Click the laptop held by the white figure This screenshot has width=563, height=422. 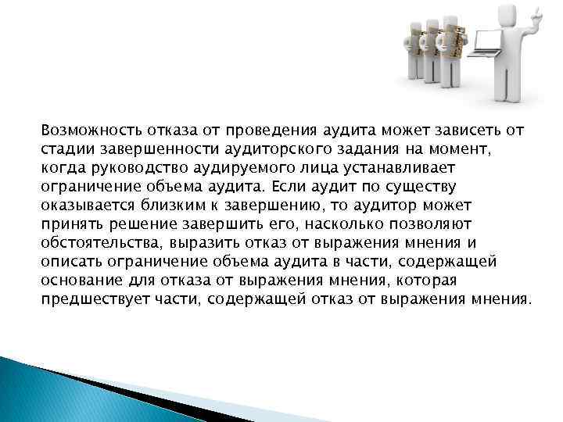pyautogui.click(x=486, y=42)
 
